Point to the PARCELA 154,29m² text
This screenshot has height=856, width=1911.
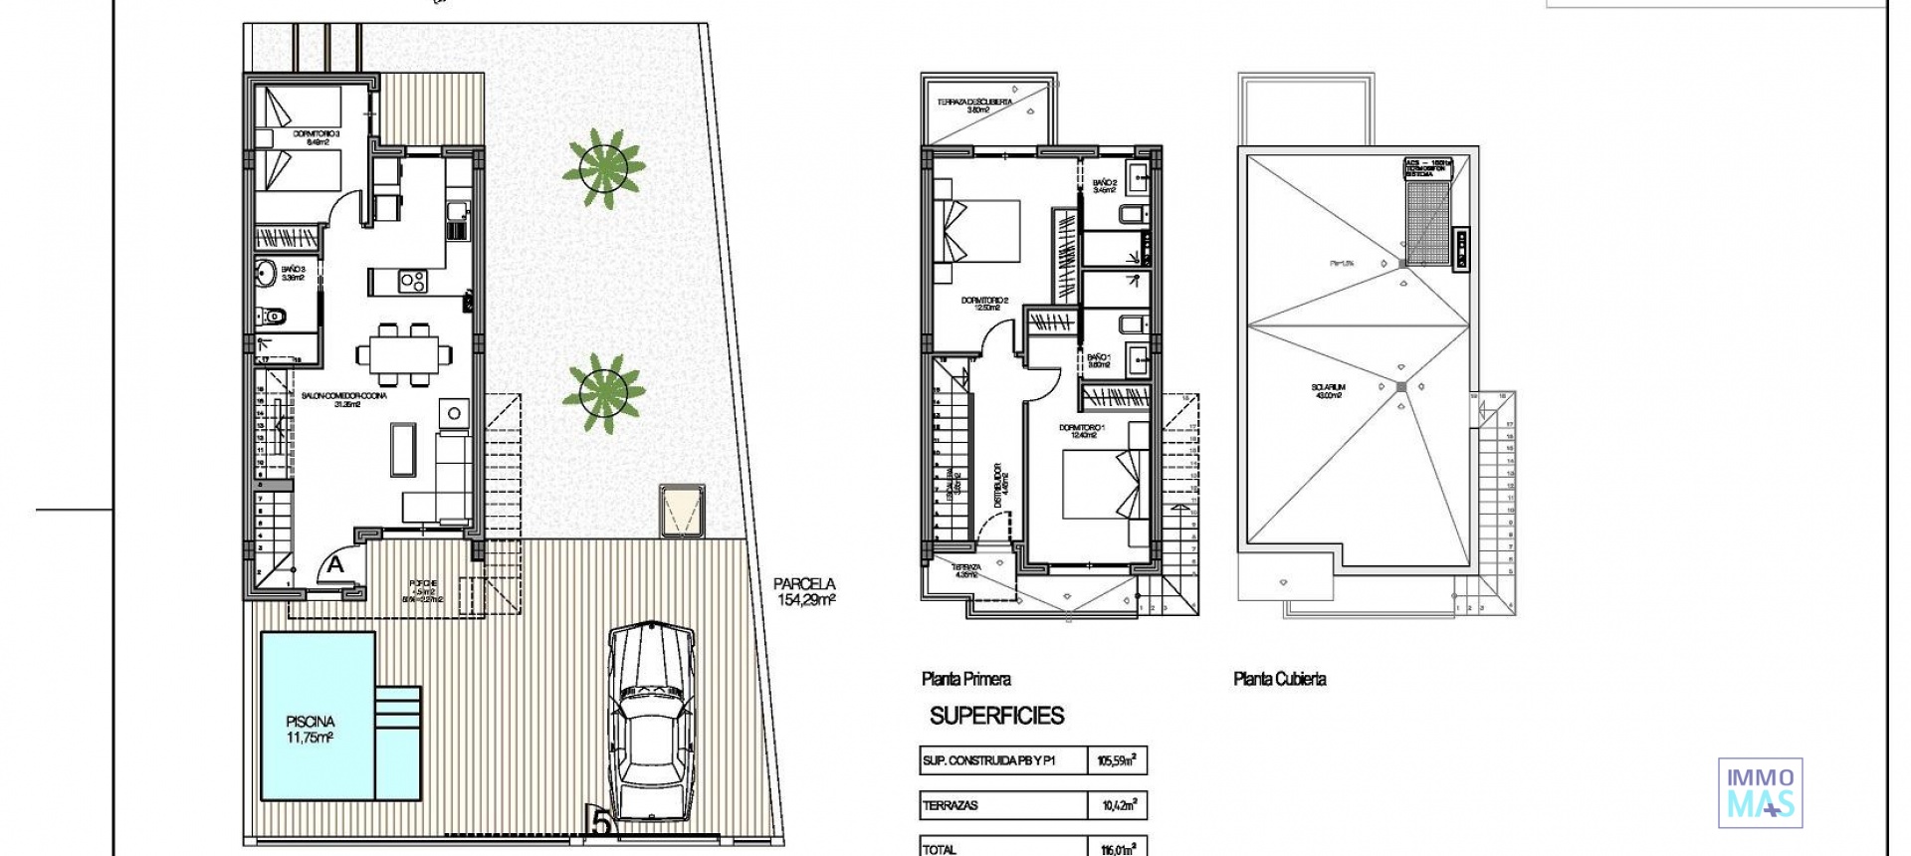point(804,591)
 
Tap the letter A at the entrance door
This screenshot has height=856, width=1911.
point(336,564)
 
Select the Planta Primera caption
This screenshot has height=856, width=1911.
point(965,679)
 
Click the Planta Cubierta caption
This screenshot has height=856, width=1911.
point(1279,679)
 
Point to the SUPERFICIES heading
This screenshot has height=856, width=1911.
point(996,715)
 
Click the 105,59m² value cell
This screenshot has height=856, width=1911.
point(1116,761)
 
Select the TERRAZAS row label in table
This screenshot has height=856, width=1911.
point(951,805)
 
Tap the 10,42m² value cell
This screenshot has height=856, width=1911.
point(1116,805)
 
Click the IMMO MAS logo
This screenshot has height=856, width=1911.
point(1760,792)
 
